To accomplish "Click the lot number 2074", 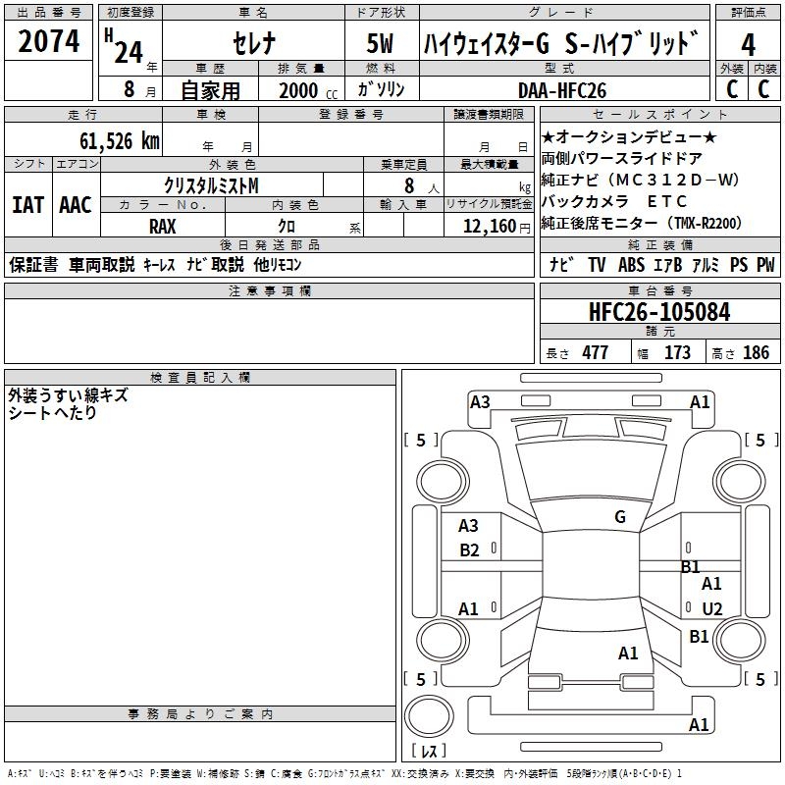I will click(49, 42).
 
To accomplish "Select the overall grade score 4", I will click(749, 45).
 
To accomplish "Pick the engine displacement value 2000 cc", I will click(305, 90).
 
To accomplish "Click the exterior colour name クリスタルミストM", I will click(211, 184).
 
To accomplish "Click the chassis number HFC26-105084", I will click(659, 313).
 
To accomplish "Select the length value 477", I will click(595, 353).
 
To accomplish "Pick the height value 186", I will click(757, 353).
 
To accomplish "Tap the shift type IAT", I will click(27, 206).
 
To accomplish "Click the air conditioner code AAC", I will click(76, 206).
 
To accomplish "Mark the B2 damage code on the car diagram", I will click(469, 550).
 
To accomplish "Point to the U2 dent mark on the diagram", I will click(712, 609).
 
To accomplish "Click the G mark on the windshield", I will click(620, 517).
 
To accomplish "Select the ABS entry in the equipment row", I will click(631, 265).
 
